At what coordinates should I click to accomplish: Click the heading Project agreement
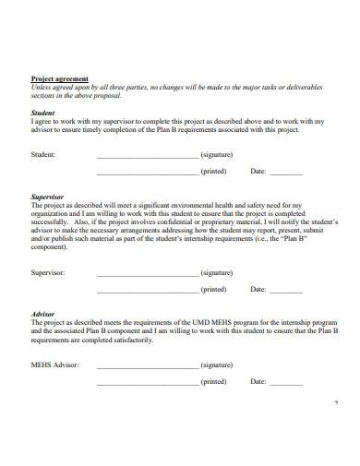(59, 78)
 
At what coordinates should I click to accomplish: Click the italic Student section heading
(42, 113)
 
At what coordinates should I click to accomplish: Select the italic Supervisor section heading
(47, 197)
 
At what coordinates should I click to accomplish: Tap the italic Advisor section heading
(42, 314)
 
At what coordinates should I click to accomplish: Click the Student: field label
(43, 154)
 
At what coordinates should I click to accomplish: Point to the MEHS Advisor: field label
(55, 365)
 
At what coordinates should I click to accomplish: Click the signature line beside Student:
(147, 156)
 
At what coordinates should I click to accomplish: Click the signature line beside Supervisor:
(147, 275)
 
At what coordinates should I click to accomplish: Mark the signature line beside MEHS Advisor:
(147, 367)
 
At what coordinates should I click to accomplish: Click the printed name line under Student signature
(147, 173)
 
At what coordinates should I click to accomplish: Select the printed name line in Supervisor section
(147, 291)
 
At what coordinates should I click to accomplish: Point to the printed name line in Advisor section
(147, 383)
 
